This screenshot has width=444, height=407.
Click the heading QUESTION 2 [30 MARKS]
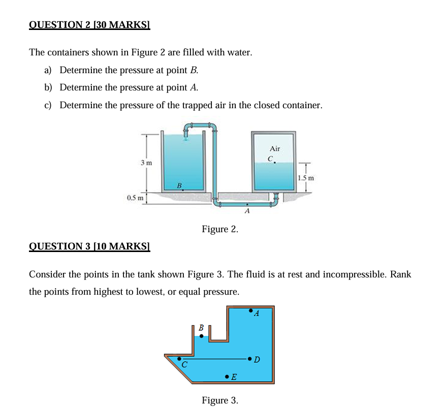pyautogui.click(x=89, y=24)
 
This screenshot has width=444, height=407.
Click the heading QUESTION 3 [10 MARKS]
pyautogui.click(x=89, y=246)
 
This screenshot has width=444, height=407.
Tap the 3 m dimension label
pyautogui.click(x=146, y=163)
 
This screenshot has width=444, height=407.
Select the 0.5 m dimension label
pyautogui.click(x=134, y=197)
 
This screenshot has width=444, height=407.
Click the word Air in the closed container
pyautogui.click(x=274, y=149)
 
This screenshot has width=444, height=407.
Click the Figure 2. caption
pyautogui.click(x=219, y=229)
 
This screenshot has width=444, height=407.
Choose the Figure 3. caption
pyautogui.click(x=219, y=400)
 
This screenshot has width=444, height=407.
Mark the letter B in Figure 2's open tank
pyautogui.click(x=179, y=184)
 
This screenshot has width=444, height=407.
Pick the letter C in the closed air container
pyautogui.click(x=271, y=159)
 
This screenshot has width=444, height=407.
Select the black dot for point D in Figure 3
pyautogui.click(x=249, y=359)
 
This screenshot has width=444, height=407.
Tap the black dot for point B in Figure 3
pyautogui.click(x=201, y=336)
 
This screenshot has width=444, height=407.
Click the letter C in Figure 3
pyautogui.click(x=184, y=365)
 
